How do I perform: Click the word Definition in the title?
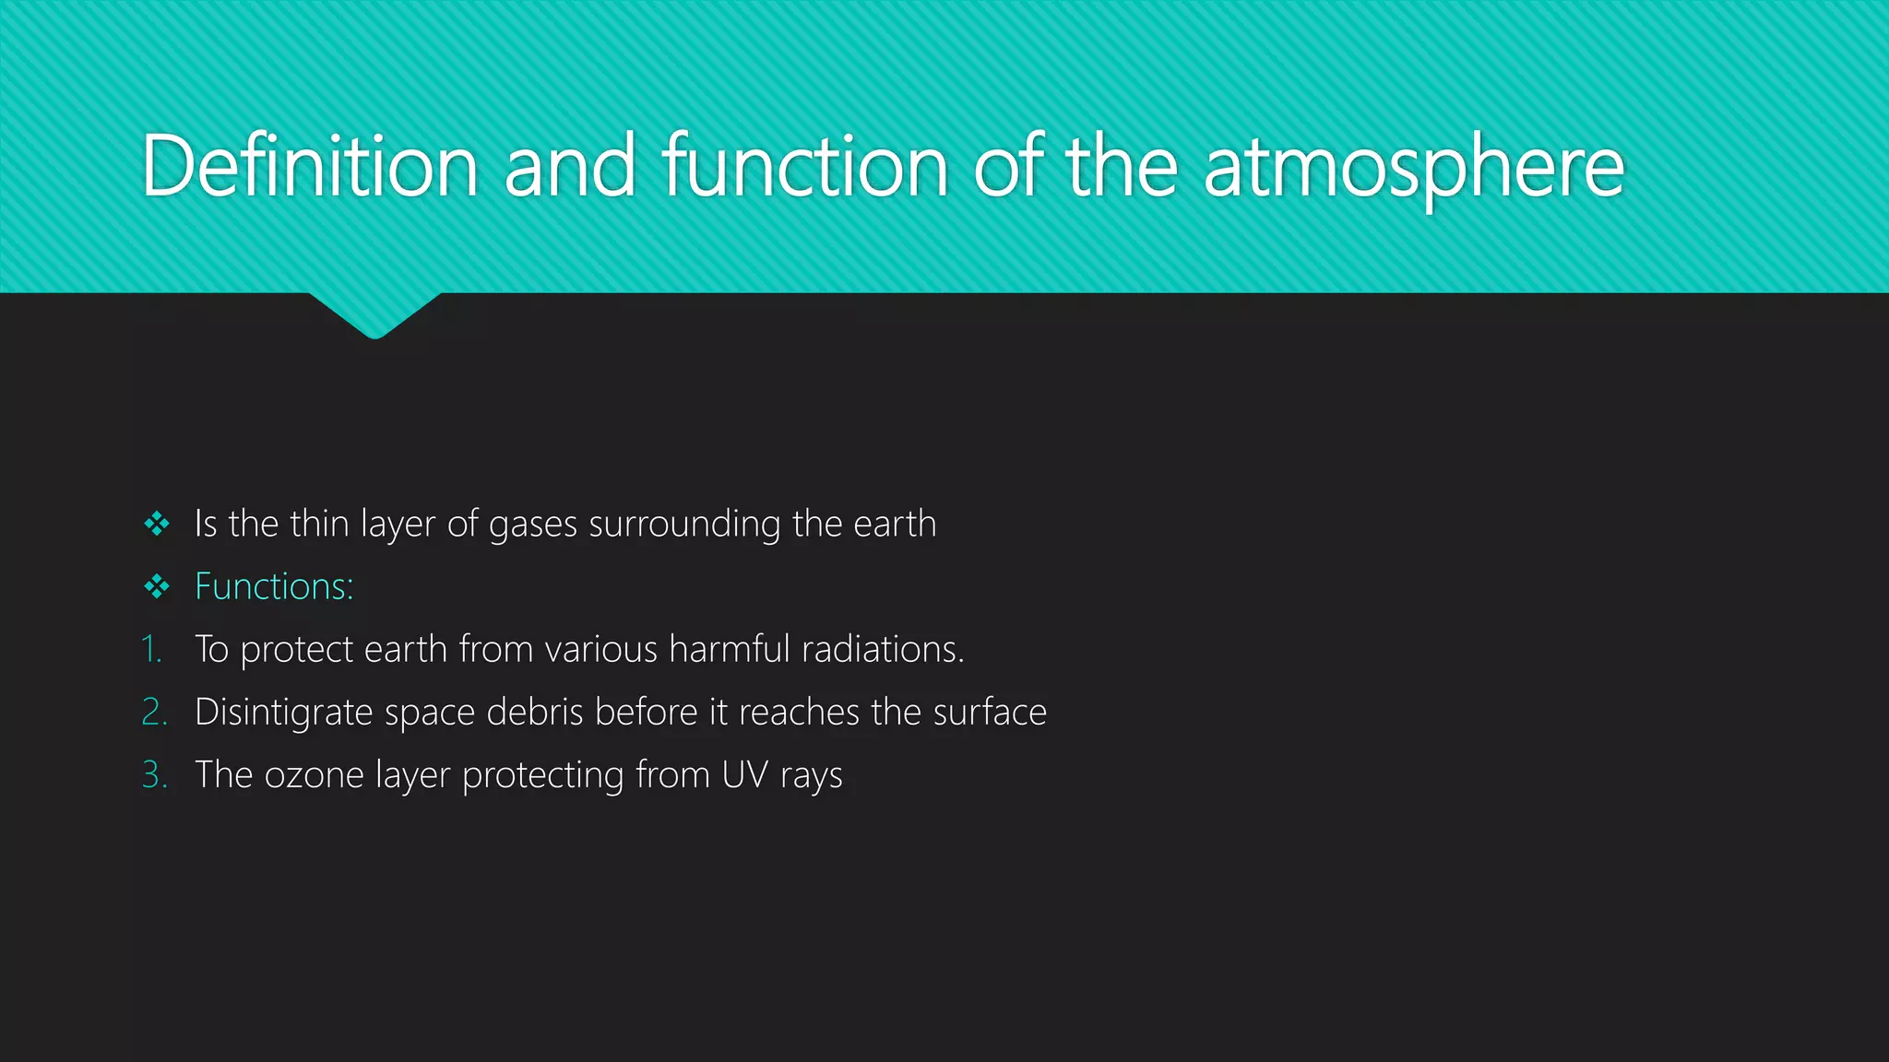coord(309,167)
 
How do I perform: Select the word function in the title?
coord(804,167)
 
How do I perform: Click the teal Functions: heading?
coord(274,587)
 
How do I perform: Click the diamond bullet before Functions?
coord(157,587)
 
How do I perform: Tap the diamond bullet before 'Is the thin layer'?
coord(157,525)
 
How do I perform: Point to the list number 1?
coord(151,650)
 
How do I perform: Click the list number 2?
coord(154,713)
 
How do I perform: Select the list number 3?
coord(154,775)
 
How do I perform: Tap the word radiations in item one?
coord(882,650)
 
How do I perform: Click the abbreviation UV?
coord(744,775)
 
